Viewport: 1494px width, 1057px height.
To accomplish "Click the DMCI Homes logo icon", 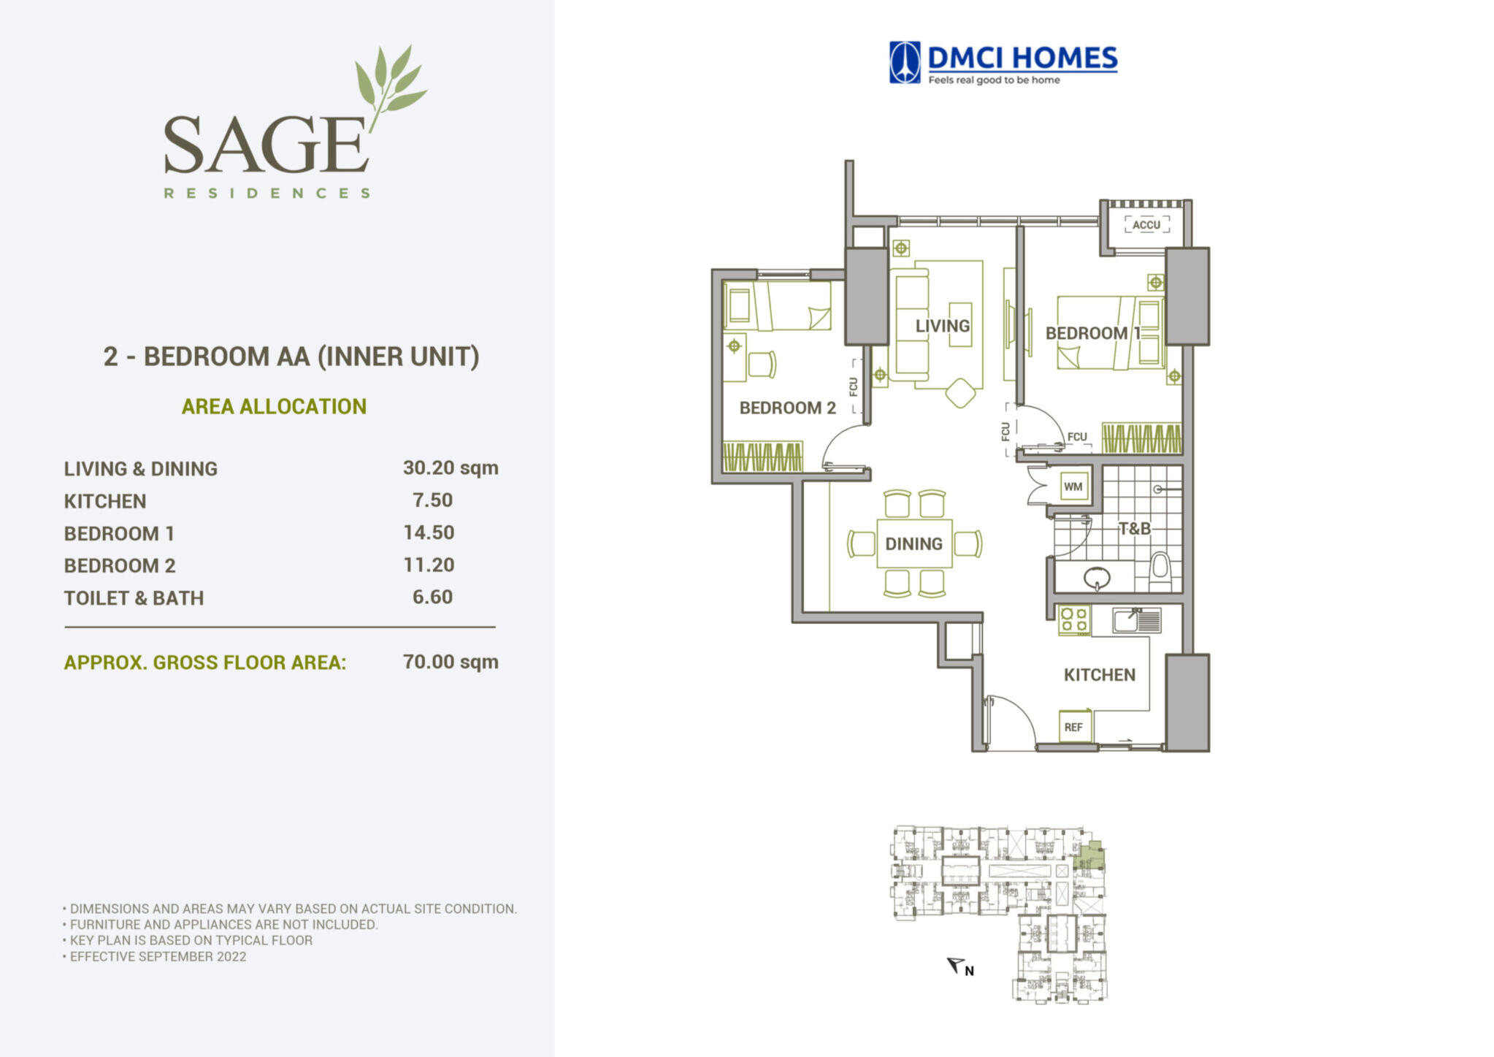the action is pos(904,62).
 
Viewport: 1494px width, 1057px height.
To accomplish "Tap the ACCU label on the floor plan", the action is pos(1146,225).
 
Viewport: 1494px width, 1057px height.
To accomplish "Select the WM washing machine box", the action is pos(1073,486).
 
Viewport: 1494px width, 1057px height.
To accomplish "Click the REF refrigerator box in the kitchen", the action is pos(1073,727).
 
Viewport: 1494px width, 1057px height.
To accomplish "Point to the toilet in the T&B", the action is pos(1160,571).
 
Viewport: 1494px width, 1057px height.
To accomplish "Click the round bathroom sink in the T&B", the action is pos(1097,579).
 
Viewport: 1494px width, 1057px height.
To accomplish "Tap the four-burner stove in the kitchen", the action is pos(1073,620).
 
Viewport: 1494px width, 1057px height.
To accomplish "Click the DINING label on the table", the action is pos(913,543).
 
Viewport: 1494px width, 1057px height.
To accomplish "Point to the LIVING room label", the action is pos(943,326).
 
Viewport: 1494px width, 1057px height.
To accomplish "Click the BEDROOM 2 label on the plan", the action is pos(787,408).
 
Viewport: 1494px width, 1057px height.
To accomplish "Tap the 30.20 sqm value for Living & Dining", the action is pos(451,468).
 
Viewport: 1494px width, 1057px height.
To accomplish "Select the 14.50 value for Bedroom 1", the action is pos(429,533).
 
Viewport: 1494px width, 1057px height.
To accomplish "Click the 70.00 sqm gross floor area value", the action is pos(451,662).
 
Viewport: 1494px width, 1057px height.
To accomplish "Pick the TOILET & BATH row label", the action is pos(134,598).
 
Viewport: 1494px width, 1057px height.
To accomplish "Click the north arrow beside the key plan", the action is pos(956,965).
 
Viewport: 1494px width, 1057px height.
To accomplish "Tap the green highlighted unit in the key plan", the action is pos(1089,856).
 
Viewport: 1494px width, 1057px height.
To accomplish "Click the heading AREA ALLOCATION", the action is pos(274,406).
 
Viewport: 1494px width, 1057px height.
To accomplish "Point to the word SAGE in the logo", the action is pos(265,144).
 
